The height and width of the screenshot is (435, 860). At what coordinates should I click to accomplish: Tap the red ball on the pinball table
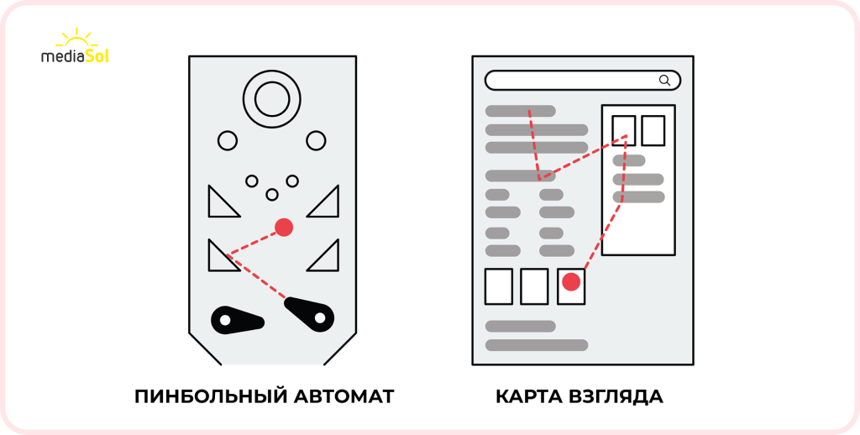(284, 227)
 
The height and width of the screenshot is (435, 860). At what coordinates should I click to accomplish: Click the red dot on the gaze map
(571, 281)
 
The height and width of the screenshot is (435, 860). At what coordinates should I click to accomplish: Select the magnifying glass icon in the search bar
(664, 81)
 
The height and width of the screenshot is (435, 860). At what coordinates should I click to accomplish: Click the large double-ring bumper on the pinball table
(271, 100)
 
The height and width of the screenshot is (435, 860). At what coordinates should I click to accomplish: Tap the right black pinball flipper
(309, 312)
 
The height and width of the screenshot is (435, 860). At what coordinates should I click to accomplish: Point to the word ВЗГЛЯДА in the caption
(618, 396)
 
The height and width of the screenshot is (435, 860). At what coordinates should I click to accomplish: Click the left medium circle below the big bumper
(228, 140)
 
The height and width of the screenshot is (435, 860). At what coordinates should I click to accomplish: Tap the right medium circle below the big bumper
(316, 140)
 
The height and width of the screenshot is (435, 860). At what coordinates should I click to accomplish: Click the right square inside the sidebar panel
(653, 130)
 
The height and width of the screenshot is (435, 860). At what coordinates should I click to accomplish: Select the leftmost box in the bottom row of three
(499, 286)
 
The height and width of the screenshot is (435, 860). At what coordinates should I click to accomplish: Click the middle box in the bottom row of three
(534, 286)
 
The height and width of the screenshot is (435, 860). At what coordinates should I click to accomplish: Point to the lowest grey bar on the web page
(537, 344)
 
